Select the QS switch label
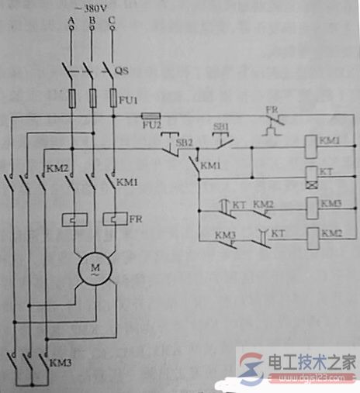point(123,71)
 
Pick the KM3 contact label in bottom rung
point(225,233)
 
